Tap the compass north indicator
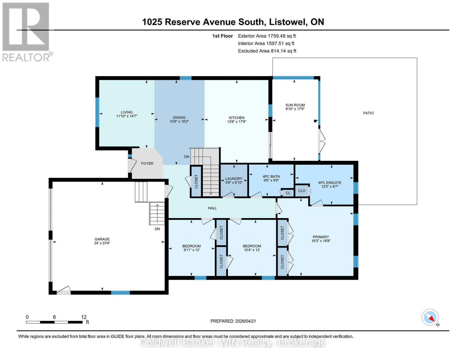(430, 317)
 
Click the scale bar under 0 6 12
(54, 322)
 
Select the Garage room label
(102, 239)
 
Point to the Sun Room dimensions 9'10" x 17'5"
(295, 109)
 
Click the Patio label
(368, 113)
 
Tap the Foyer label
(147, 163)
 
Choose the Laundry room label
(234, 178)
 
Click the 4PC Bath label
(271, 176)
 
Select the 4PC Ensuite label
(329, 182)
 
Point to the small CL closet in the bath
(288, 193)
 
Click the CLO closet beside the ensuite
(302, 191)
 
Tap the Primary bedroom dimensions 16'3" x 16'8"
(321, 241)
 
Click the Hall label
(212, 208)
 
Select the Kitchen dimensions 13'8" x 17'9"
(236, 122)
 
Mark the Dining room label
(179, 118)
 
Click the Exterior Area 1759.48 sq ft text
(267, 36)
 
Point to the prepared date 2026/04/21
(233, 321)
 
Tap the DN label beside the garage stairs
(157, 229)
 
